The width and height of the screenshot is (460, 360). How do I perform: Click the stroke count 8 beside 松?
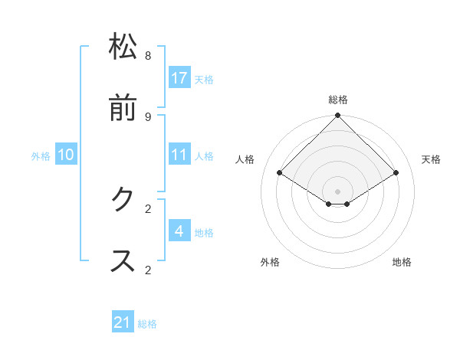[x=148, y=56]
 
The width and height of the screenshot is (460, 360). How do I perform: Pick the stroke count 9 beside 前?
[x=148, y=116]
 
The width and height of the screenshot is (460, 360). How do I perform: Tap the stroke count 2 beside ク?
[x=148, y=208]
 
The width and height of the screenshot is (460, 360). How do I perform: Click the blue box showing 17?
[x=179, y=77]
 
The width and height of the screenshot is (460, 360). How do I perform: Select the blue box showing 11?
[x=179, y=154]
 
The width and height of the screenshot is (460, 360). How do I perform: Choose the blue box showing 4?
[x=179, y=231]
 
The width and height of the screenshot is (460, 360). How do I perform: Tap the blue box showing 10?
[x=66, y=154]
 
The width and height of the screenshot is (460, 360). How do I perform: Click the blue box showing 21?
[x=123, y=322]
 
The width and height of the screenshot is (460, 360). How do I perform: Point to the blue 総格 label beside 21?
[x=147, y=324]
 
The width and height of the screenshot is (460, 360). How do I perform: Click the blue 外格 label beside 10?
[x=41, y=156]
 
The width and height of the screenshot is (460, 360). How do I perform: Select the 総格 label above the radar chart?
[x=338, y=100]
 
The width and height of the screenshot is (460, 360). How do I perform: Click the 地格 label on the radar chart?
[x=402, y=262]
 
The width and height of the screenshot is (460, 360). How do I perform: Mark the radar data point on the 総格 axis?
[x=338, y=116]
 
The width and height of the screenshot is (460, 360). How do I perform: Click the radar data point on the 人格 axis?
[x=280, y=173]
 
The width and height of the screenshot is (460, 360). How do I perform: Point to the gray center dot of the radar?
[x=338, y=191]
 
